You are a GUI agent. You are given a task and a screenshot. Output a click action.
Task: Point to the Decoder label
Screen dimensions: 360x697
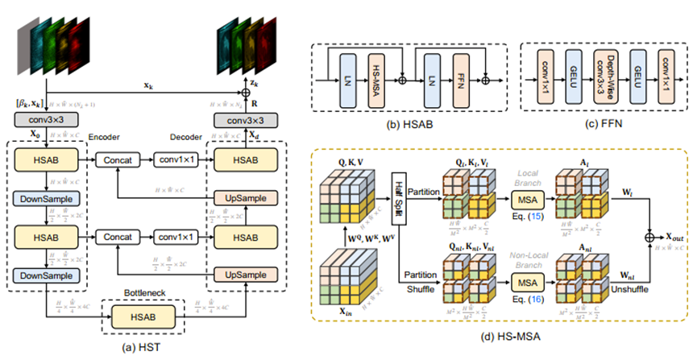(x=188, y=137)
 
